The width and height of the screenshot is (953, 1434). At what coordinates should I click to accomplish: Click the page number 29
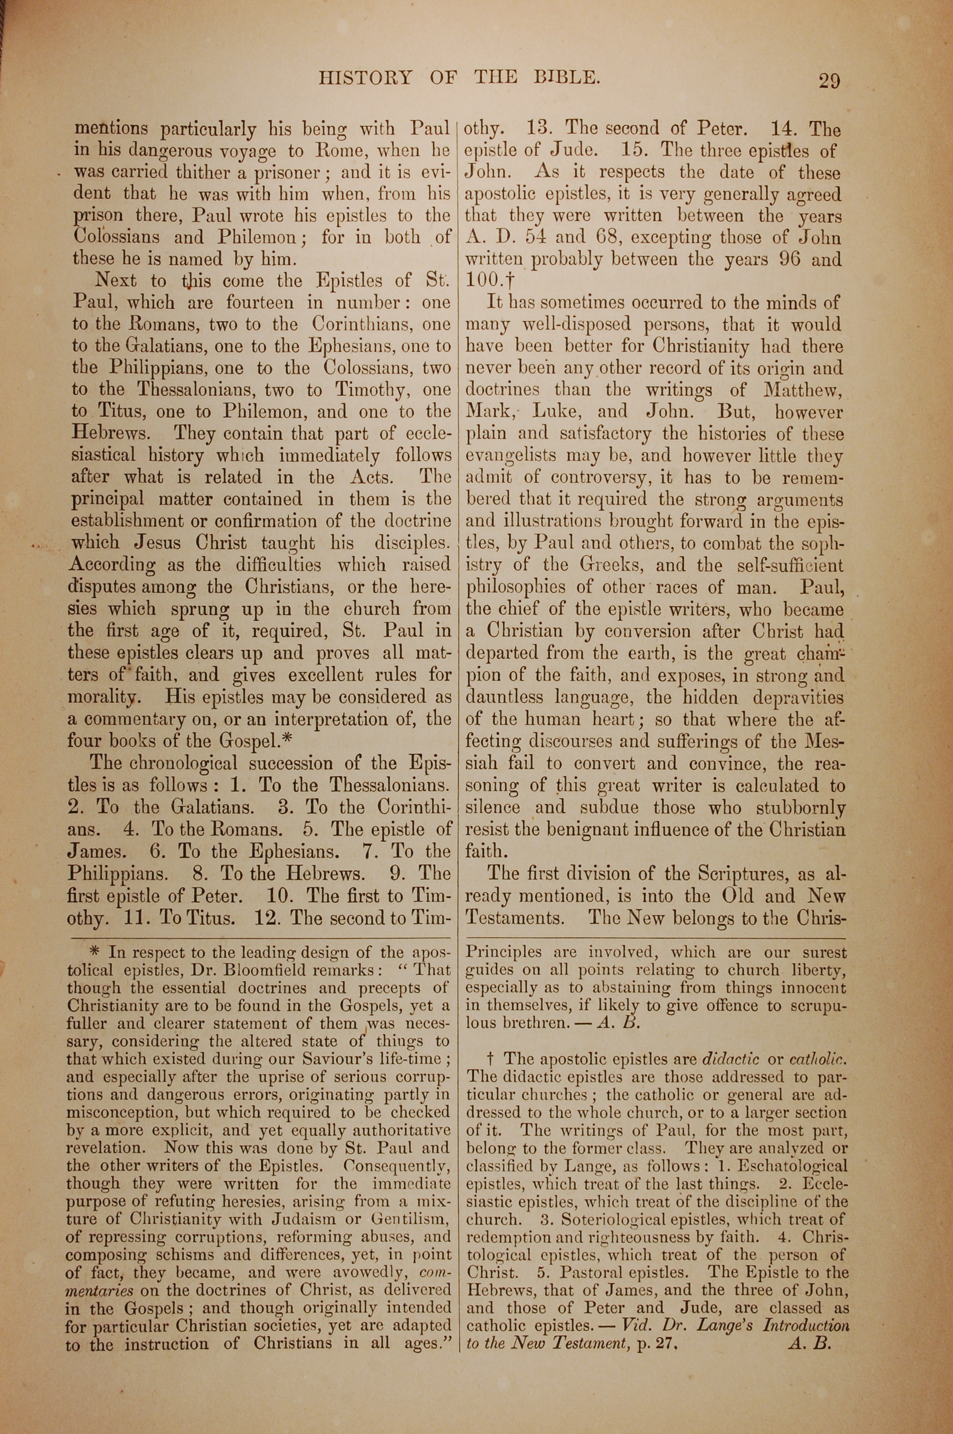pyautogui.click(x=829, y=81)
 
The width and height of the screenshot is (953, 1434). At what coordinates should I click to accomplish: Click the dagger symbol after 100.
pyautogui.click(x=510, y=281)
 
